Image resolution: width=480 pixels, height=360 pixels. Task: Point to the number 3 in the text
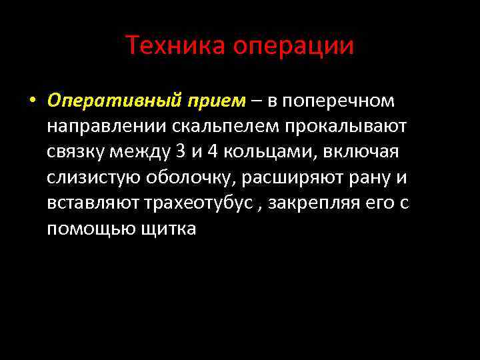181,151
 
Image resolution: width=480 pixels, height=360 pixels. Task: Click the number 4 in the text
213,151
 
